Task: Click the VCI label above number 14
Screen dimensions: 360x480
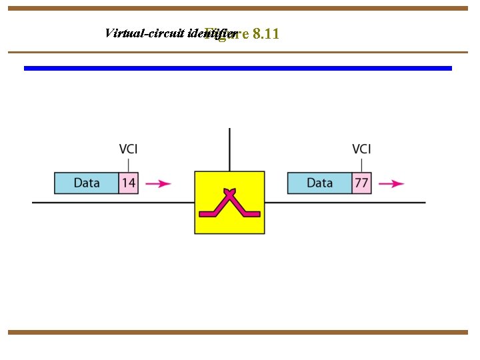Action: point(129,149)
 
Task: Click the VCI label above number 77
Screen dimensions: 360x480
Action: point(361,149)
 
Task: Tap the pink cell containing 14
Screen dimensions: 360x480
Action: point(129,183)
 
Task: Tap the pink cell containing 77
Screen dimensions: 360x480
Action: point(361,183)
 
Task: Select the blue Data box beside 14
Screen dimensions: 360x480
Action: point(87,183)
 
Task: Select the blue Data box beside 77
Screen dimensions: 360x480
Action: point(319,183)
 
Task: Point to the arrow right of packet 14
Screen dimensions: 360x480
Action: point(158,184)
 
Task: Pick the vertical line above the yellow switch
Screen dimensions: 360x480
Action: point(229,149)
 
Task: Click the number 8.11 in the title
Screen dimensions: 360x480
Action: point(266,34)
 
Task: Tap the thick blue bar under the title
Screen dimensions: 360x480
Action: point(238,68)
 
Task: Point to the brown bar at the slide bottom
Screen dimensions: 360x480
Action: point(238,332)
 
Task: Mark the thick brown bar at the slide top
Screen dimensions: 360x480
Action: point(238,9)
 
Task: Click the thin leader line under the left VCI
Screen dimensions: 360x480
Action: point(129,164)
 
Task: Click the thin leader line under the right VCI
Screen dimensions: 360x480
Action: point(361,164)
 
